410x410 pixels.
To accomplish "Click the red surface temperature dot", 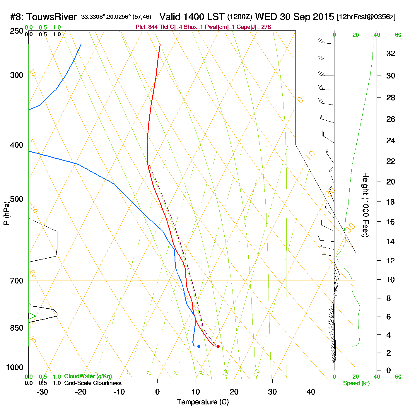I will point(218,346).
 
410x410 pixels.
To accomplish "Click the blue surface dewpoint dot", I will point(199,346).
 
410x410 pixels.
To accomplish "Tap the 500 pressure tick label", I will point(16,199).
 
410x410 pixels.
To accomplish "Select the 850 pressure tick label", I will point(16,328).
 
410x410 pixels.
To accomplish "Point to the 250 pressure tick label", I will point(16,31).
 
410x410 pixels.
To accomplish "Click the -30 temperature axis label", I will point(42,392).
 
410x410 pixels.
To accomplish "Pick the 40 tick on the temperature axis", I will point(311,392).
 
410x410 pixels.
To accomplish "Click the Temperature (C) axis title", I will point(203,402).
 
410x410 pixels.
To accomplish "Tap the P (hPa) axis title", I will point(6,213).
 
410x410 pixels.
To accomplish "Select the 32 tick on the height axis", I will point(391,53).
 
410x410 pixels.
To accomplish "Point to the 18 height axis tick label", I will point(391,202).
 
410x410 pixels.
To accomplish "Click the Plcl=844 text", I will point(147,27).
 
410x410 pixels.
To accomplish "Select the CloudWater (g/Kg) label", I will point(88,376).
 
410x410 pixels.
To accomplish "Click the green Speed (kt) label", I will point(356,383).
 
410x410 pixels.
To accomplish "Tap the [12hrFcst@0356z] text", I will point(366,17).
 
